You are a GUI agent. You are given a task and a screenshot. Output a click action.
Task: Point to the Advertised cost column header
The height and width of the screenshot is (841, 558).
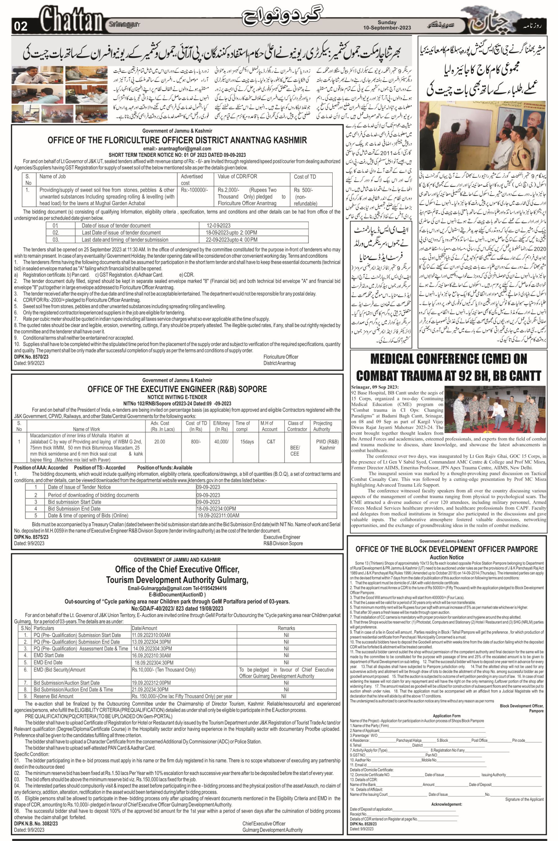coord(192,179)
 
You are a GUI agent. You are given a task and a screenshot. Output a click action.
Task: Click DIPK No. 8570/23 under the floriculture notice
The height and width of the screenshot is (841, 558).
coord(31,357)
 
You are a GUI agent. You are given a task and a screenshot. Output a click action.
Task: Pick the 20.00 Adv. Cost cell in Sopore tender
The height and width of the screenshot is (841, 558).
coord(159,441)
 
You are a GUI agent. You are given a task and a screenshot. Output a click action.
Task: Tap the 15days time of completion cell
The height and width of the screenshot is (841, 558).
coord(247,441)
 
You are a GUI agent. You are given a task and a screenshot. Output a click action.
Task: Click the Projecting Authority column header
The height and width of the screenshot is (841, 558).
coord(322,426)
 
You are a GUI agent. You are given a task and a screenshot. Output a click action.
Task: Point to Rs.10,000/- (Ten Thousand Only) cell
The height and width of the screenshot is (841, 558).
coord(164,670)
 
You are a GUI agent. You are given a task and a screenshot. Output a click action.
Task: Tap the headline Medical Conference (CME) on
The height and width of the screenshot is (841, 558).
coord(448,359)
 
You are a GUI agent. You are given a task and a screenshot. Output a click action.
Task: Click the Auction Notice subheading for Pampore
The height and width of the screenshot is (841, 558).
coord(447,557)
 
